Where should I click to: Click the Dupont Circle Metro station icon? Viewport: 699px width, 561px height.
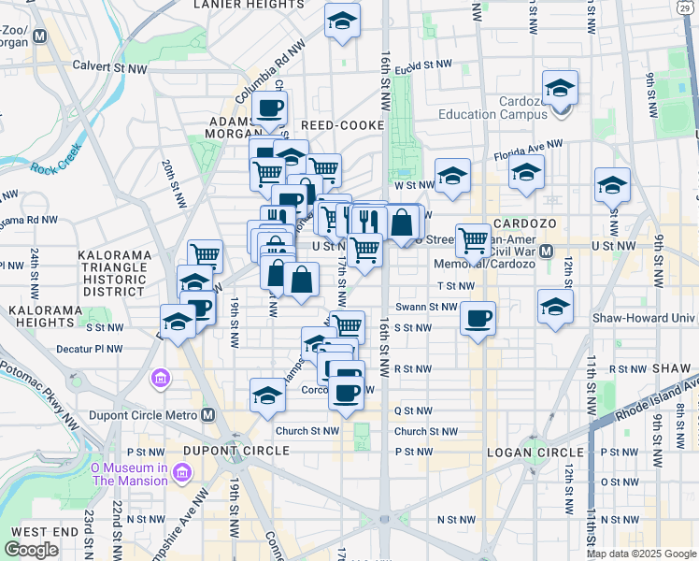207,415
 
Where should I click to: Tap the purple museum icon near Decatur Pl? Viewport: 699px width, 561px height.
159,379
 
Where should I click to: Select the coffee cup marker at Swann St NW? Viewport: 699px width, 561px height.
478,318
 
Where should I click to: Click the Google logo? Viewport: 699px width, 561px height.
32,550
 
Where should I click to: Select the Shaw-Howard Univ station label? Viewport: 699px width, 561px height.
644,318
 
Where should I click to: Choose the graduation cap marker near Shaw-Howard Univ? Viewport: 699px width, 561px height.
555,306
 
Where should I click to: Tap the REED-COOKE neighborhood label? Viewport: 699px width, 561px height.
342,125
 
